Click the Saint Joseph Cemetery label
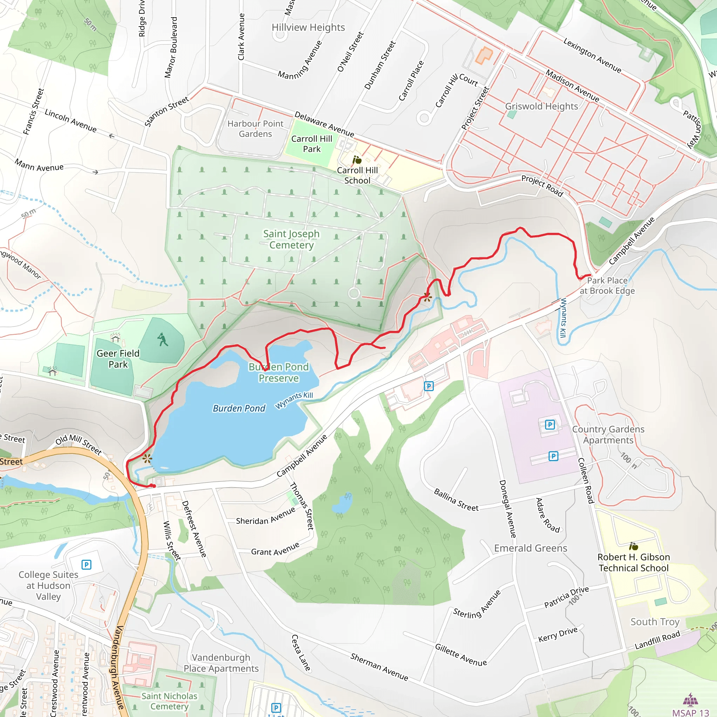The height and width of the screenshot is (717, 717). [291, 239]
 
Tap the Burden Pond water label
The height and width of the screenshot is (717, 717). [239, 408]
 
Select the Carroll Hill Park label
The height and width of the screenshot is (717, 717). [311, 144]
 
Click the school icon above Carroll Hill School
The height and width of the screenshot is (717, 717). [357, 160]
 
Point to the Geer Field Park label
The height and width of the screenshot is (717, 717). [118, 359]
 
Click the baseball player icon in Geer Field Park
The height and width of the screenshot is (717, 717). [162, 340]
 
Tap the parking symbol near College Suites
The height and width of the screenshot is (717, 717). [86, 565]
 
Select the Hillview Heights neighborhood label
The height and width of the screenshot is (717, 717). [308, 27]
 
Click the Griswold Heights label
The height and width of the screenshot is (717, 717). [542, 106]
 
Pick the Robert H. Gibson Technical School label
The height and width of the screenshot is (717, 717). [633, 562]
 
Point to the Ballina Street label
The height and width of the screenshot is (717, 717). [456, 500]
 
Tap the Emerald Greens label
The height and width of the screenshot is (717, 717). [530, 548]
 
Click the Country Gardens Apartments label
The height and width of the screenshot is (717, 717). [608, 434]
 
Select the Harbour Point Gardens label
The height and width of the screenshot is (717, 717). [255, 129]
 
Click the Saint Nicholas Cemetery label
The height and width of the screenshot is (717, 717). [169, 701]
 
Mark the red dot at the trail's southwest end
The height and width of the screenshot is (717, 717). [153, 486]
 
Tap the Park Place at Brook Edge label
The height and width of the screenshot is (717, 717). [607, 285]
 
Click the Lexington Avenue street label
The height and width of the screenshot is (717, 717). [592, 55]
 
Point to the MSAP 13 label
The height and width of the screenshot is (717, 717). [690, 712]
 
